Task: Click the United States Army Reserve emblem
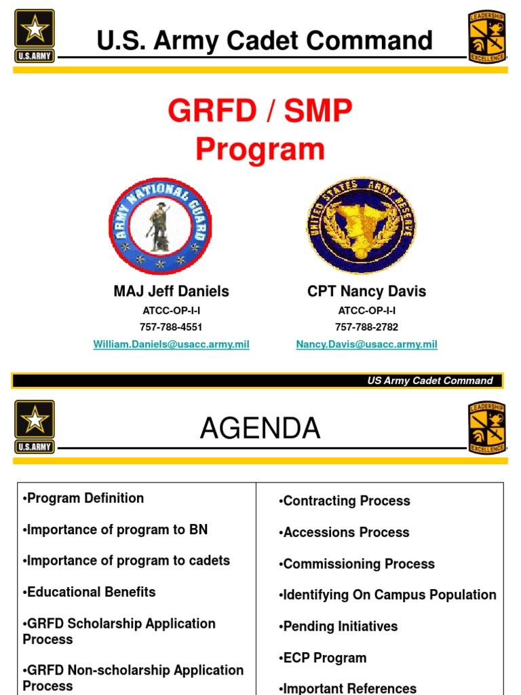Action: point(361,226)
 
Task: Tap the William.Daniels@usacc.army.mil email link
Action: point(171,345)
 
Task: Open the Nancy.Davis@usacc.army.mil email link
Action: point(366,345)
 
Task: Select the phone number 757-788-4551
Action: point(171,327)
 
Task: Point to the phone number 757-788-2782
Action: point(366,327)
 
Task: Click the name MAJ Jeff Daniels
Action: point(171,292)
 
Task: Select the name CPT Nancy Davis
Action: point(366,292)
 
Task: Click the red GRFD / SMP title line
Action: point(260,112)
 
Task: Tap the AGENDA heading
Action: point(260,428)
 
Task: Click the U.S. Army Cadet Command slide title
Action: point(265,41)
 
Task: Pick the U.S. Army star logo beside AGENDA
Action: point(35,426)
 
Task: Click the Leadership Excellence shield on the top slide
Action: point(487,37)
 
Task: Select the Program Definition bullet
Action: point(83,498)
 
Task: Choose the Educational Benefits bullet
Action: point(89,592)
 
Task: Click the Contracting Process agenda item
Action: point(345,501)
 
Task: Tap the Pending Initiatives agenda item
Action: point(338,626)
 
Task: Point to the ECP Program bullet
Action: point(322,658)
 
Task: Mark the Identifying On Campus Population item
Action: point(387,595)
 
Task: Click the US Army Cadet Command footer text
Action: point(430,381)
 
